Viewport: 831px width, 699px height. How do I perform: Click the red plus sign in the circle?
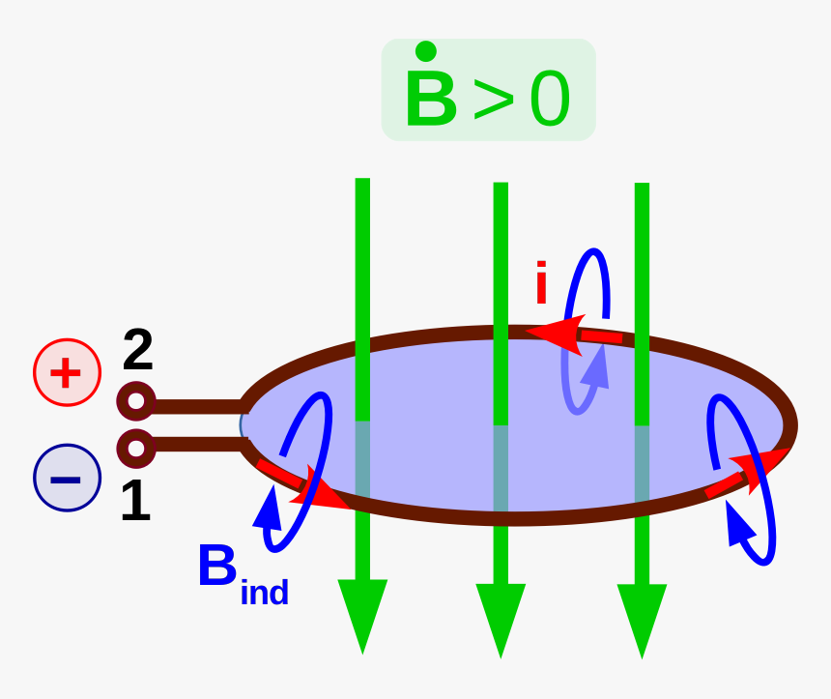click(67, 372)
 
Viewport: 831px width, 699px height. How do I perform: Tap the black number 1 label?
click(135, 503)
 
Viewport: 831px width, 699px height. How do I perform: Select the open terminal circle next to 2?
click(136, 400)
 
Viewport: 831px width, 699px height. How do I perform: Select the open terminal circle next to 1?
click(136, 448)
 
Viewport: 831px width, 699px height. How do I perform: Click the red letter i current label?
click(541, 283)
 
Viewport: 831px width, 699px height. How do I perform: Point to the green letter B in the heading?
click(431, 99)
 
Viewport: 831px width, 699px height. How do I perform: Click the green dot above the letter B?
click(424, 51)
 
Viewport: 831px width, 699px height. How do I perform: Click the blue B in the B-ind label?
click(217, 568)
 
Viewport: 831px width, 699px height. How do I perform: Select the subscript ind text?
click(264, 591)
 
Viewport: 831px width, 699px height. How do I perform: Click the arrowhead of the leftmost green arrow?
click(362, 615)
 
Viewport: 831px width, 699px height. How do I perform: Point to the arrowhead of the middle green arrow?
click(501, 618)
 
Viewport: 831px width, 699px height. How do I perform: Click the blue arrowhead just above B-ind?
click(270, 509)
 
